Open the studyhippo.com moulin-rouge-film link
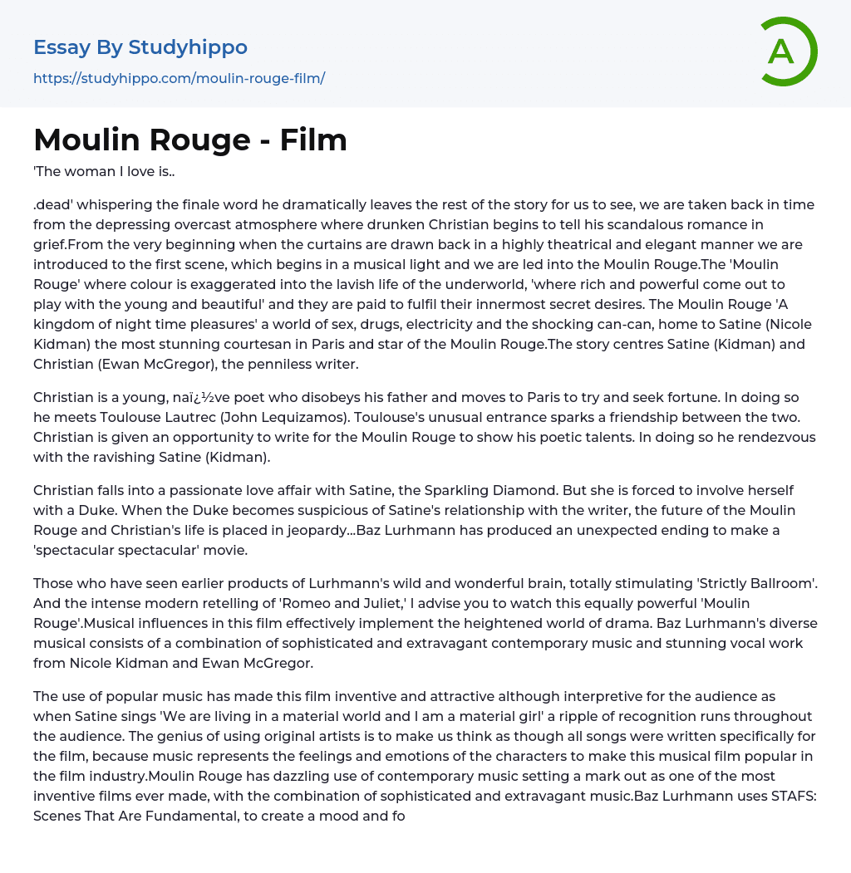tap(179, 78)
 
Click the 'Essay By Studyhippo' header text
tap(140, 47)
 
